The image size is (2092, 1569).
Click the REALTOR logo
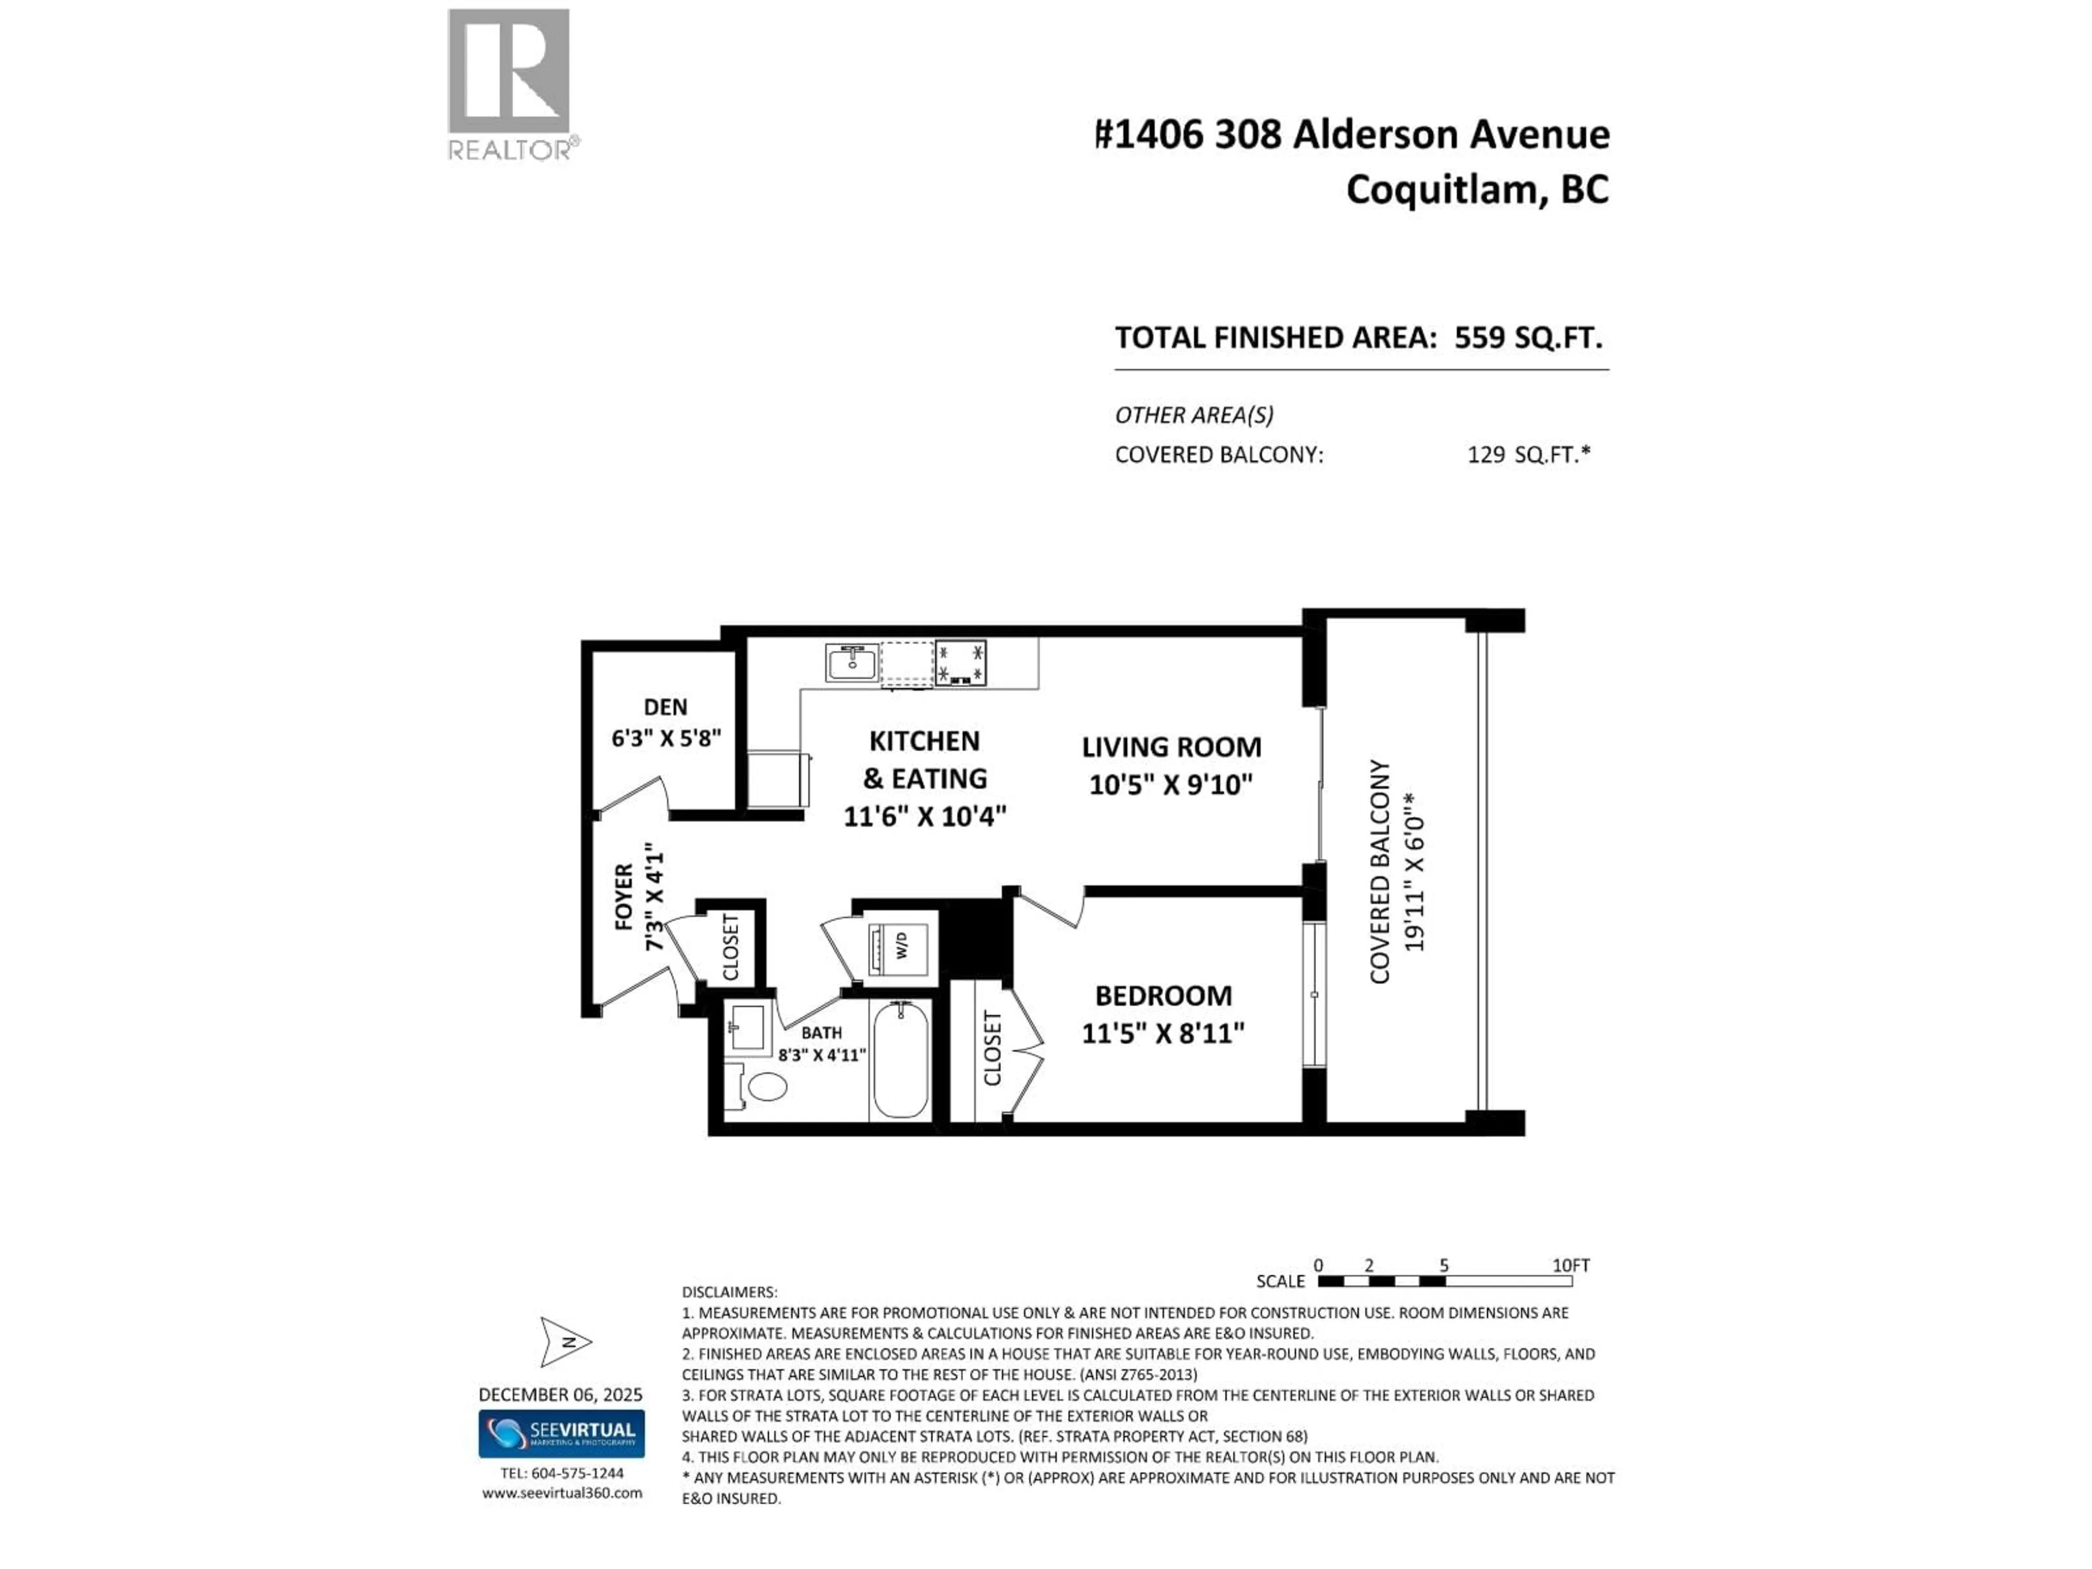click(x=509, y=83)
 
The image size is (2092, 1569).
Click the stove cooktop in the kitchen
click(x=960, y=662)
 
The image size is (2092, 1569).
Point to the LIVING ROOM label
click(x=1171, y=747)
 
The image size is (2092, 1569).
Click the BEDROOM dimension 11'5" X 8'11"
click(x=1163, y=1033)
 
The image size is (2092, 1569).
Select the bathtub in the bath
click(x=901, y=1059)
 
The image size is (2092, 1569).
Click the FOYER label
click(x=623, y=897)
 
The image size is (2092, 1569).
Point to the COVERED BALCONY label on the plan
click(x=1380, y=871)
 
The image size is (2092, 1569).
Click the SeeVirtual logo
click(x=561, y=1434)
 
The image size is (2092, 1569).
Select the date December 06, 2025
click(x=560, y=1394)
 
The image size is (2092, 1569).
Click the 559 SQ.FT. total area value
click(x=1528, y=338)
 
